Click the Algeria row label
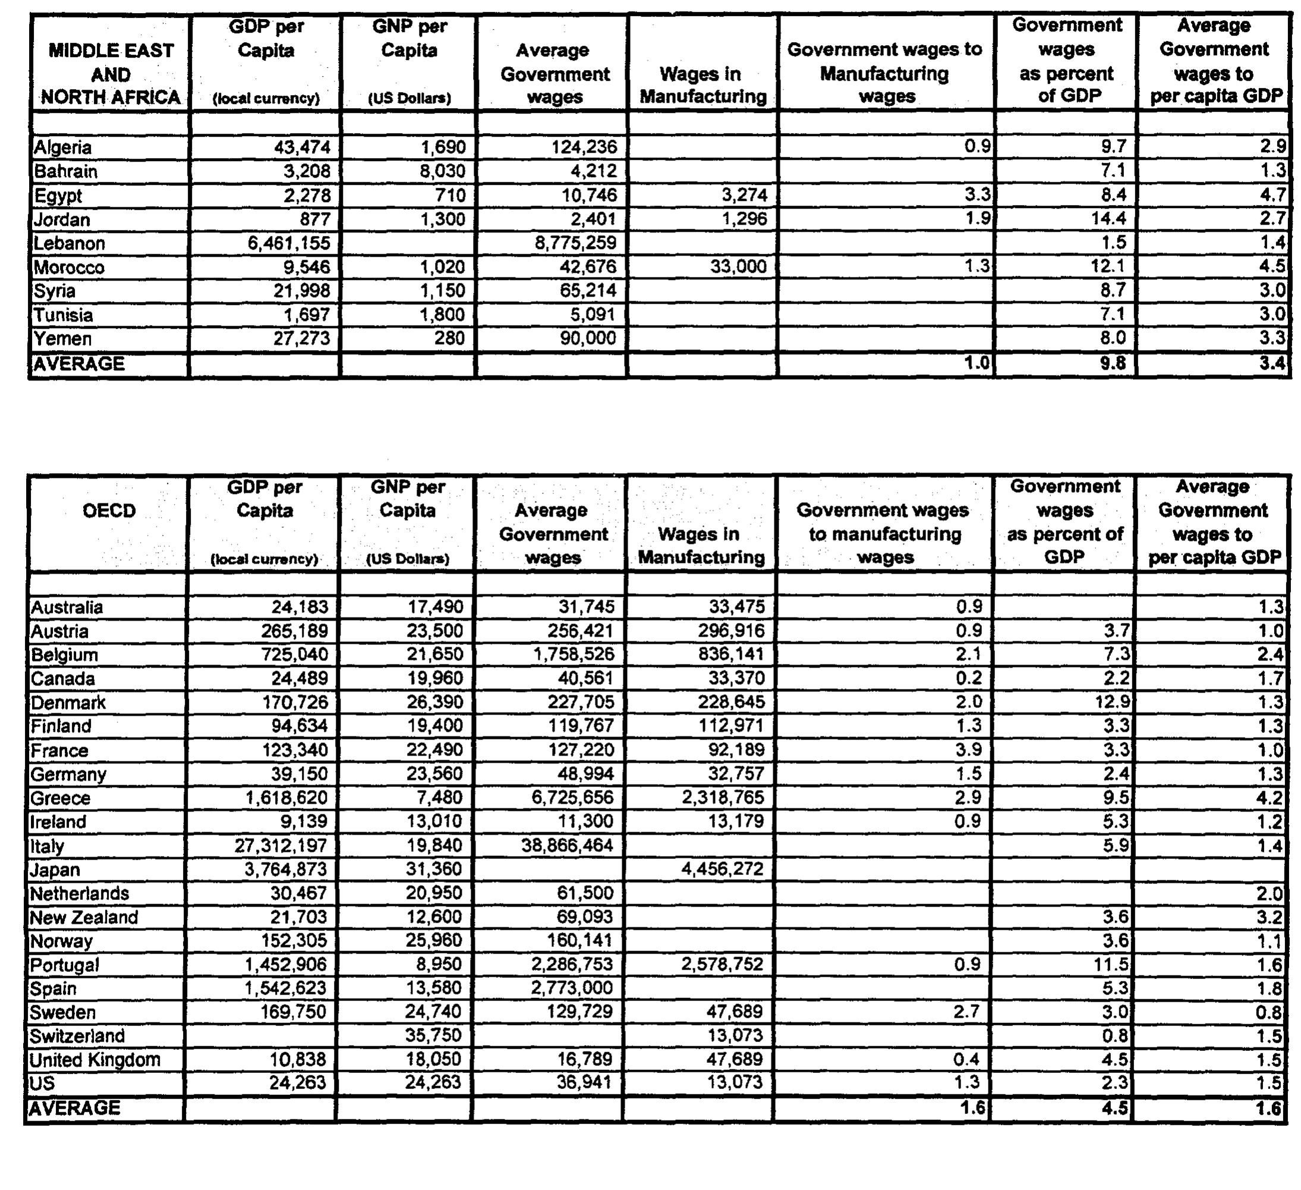62,147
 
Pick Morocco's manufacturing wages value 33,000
738,266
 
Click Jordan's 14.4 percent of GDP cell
1108,219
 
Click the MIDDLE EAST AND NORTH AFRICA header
111,74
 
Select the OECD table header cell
109,511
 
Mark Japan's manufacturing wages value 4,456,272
723,869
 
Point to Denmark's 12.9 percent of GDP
1112,702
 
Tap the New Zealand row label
84,917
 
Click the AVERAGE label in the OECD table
75,1108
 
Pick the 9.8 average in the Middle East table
1114,364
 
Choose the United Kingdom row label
95,1060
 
